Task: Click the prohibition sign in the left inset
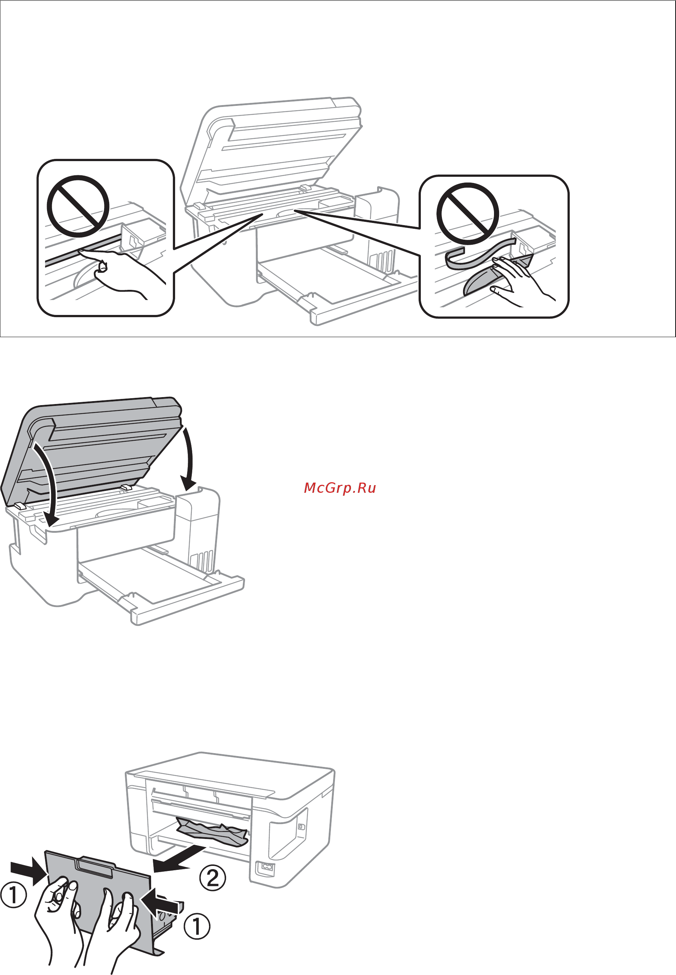[x=78, y=206]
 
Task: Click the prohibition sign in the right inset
[x=468, y=214]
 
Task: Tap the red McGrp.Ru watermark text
[x=340, y=488]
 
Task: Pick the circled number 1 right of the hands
[x=197, y=926]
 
